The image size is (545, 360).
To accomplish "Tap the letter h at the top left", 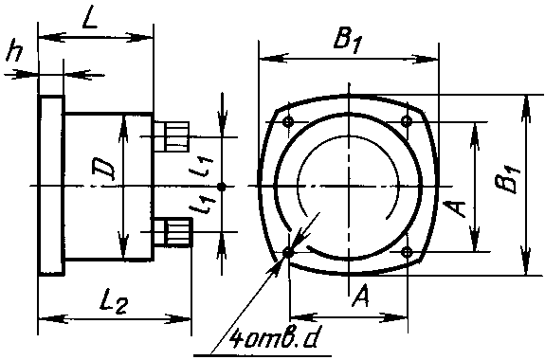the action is [15, 50].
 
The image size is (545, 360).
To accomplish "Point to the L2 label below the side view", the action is [115, 304].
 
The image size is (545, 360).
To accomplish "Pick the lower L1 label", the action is [203, 204].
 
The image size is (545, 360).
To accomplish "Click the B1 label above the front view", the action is [349, 42].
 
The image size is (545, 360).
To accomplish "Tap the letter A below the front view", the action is [360, 296].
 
